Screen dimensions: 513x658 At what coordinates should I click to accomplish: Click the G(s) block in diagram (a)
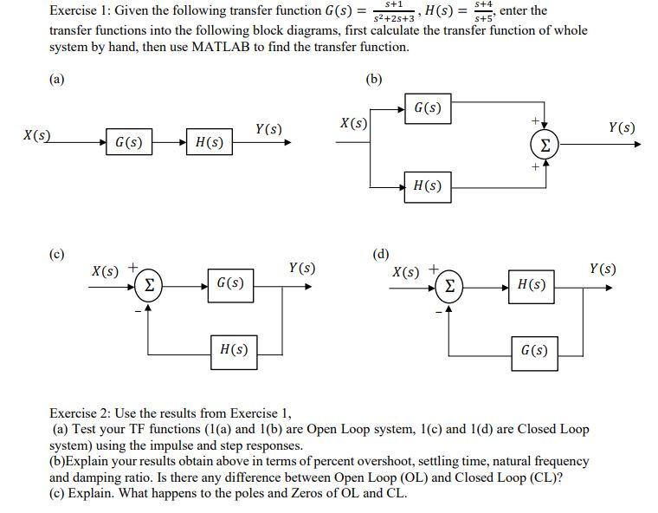coord(129,142)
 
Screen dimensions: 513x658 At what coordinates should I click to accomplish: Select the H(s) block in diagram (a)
coord(210,142)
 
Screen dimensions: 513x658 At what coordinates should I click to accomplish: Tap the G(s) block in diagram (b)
coord(428,109)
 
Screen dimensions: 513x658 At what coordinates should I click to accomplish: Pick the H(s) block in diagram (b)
coord(428,185)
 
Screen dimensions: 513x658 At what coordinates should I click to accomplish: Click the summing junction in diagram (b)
coord(544,147)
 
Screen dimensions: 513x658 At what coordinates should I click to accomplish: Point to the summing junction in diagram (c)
coord(148,284)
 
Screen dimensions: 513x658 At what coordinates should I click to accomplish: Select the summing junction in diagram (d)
coord(448,284)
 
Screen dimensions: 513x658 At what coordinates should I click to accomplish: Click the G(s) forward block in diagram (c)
coord(230,284)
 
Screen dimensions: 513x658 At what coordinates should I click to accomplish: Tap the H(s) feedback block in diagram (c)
coord(234,349)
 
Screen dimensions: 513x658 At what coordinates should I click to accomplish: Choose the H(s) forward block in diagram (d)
coord(531,284)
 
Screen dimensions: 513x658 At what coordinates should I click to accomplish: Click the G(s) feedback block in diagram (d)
coord(534,351)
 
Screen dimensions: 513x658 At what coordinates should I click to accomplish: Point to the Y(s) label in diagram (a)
coord(268,129)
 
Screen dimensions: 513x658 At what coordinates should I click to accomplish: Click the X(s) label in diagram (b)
coord(353,123)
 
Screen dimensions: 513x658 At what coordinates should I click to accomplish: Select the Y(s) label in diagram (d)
coord(603,269)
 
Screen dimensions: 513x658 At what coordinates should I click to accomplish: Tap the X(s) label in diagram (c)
coord(105,270)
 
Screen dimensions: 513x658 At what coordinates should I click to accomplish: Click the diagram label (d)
coord(380,254)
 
